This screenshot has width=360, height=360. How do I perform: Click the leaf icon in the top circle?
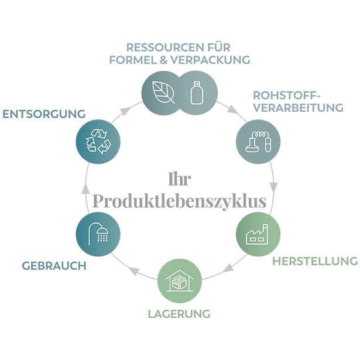(x=164, y=92)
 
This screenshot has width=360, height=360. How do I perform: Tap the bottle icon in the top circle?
(x=197, y=92)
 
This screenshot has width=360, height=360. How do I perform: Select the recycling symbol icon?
(x=98, y=142)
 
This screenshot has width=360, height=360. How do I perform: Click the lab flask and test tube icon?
(x=258, y=142)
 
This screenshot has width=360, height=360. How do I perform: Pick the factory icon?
(x=257, y=234)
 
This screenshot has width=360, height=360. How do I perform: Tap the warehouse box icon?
(x=180, y=281)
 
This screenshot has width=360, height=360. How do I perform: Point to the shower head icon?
(x=98, y=234)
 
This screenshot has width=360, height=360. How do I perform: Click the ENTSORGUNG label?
(x=44, y=114)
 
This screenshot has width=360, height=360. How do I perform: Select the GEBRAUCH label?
(x=54, y=266)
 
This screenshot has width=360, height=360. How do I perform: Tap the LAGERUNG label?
(x=179, y=314)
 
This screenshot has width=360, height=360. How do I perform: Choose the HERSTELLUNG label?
(x=315, y=261)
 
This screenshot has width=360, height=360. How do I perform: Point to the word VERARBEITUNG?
(x=299, y=108)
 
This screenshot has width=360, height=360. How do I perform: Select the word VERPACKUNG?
(x=210, y=60)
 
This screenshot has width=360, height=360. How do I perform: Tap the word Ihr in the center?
(x=180, y=179)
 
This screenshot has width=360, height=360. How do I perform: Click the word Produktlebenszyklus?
(x=180, y=201)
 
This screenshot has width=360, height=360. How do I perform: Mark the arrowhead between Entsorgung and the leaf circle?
(x=124, y=111)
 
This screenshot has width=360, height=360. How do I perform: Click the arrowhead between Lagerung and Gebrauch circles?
(x=134, y=271)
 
